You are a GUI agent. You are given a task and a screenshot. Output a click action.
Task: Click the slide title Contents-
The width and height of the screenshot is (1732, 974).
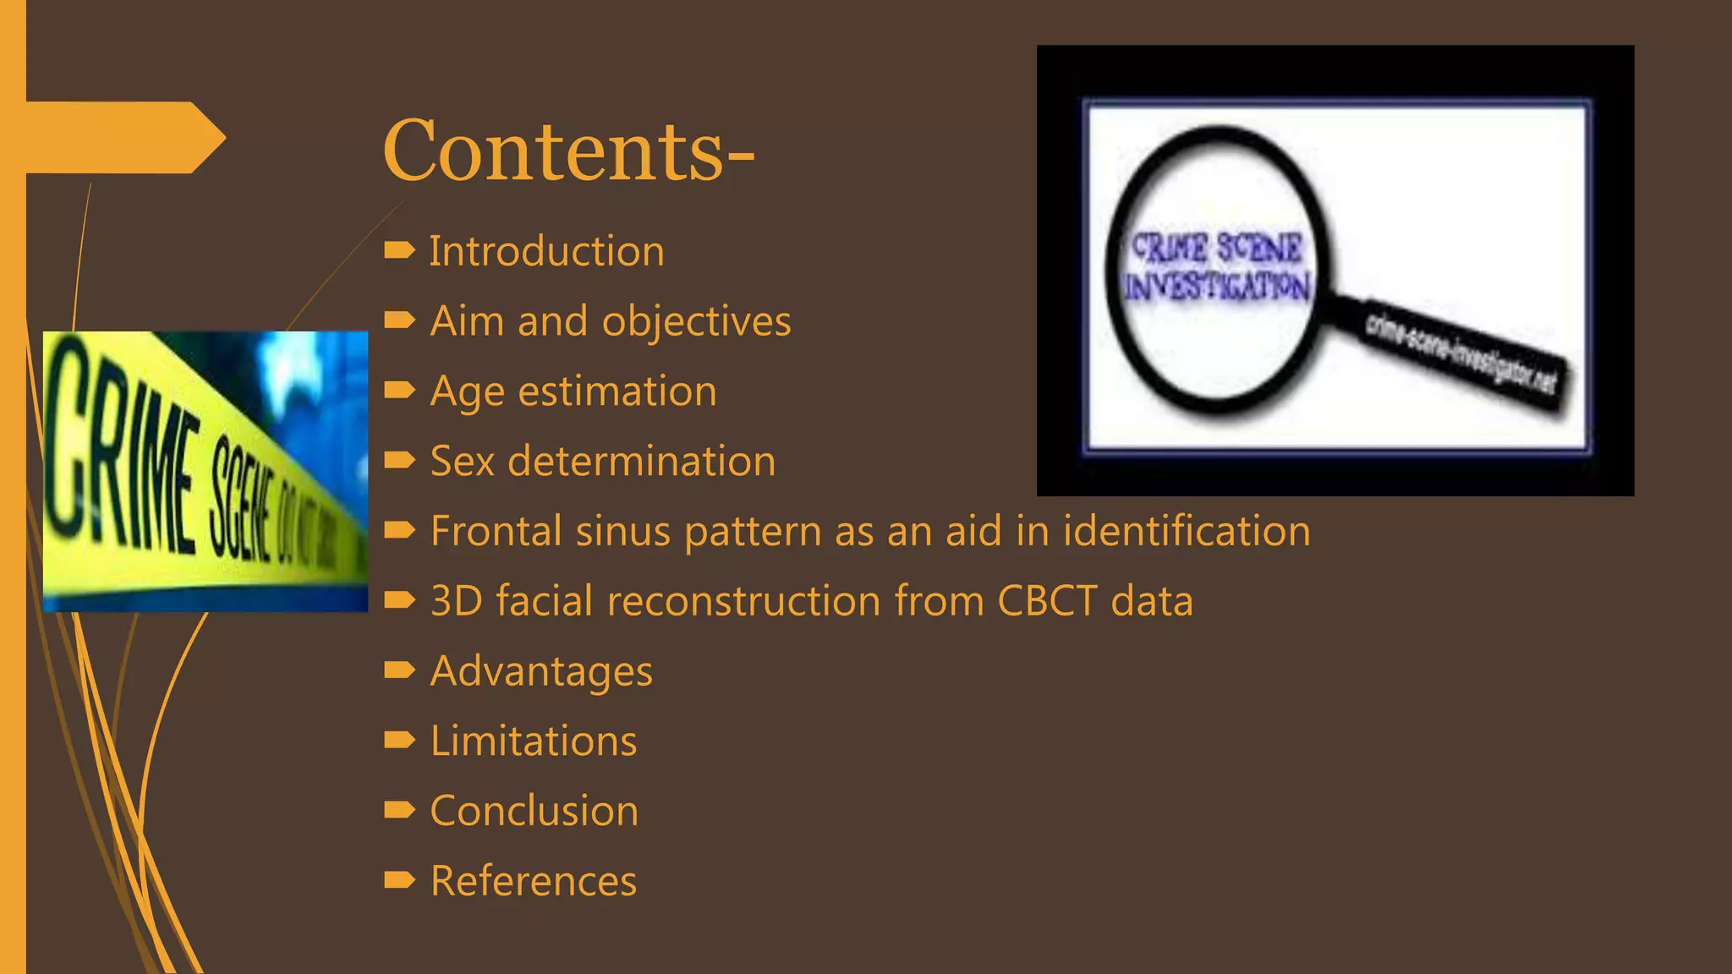(x=567, y=151)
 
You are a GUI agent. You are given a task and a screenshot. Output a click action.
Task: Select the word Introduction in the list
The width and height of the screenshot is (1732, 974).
(x=546, y=251)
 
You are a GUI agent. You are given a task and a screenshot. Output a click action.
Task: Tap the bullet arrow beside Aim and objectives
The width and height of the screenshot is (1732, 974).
(x=399, y=320)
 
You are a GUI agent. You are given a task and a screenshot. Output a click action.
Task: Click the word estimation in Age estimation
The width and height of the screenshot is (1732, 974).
(x=617, y=391)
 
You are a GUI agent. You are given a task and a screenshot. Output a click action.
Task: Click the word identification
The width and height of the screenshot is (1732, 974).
(x=1186, y=531)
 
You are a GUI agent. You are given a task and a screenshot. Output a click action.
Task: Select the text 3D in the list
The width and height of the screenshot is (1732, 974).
(x=456, y=601)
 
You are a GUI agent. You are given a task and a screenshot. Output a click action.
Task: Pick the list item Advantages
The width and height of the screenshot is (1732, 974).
(x=541, y=671)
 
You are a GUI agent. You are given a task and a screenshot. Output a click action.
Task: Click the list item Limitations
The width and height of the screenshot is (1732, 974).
(x=533, y=741)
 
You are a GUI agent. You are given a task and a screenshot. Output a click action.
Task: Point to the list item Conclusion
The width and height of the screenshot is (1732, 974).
(x=534, y=811)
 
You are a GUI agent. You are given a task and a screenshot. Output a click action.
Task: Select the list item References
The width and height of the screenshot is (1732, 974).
(x=533, y=881)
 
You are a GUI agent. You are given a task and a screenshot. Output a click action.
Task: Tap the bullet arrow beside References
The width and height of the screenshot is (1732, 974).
(x=399, y=881)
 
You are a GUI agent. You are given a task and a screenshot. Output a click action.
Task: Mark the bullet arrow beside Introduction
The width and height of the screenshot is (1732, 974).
(x=399, y=250)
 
